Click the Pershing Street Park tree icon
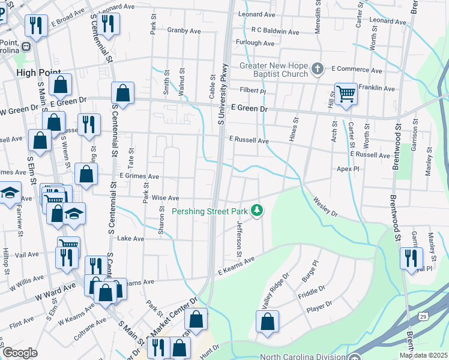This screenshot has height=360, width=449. pos(257,210)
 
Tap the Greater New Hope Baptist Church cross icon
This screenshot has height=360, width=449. pos(317,69)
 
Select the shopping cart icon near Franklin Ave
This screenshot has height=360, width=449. pos(346,94)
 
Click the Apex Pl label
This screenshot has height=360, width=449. pos(348,170)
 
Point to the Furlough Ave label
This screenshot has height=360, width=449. pos(255,43)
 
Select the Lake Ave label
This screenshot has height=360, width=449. pos(131,238)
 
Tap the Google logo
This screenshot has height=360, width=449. pos(20,353)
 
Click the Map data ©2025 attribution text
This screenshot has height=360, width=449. pos(423,355)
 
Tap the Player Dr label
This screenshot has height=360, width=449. pos(319,306)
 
